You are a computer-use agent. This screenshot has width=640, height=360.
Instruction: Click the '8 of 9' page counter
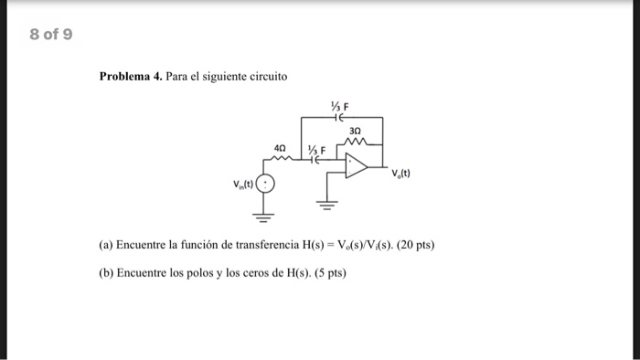[x=51, y=37]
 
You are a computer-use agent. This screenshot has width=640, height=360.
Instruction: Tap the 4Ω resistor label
[x=281, y=146]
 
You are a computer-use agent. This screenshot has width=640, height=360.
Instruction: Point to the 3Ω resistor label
[x=356, y=131]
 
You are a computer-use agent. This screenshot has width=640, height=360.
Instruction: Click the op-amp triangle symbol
[x=356, y=165]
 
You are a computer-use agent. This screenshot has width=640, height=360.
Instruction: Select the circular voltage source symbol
[x=265, y=186]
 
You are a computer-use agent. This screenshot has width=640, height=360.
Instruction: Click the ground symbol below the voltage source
[x=265, y=217]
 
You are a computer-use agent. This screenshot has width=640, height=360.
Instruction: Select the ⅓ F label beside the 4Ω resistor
[x=315, y=149]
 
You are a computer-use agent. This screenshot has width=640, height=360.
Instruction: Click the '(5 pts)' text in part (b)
[x=329, y=272]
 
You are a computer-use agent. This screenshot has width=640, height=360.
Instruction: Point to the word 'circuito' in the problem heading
[x=262, y=76]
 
